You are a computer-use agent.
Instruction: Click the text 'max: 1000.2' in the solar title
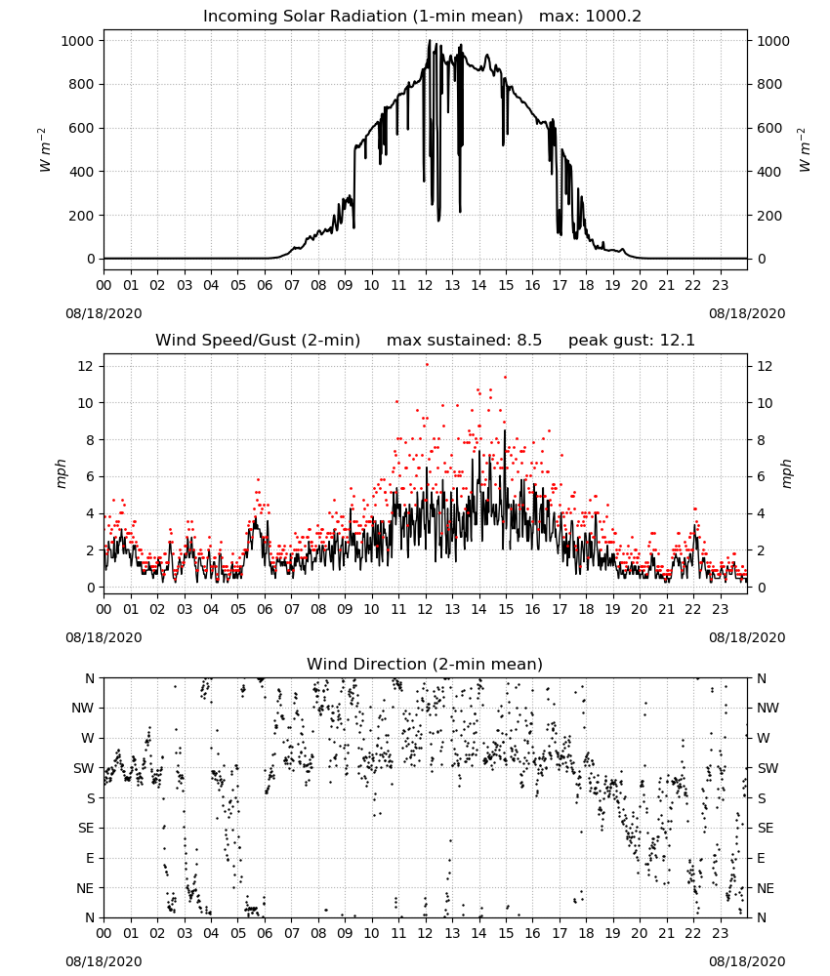click(590, 17)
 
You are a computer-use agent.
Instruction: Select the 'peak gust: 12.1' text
click(632, 341)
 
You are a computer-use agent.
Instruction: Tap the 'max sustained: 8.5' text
click(464, 341)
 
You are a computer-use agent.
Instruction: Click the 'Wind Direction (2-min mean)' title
click(425, 664)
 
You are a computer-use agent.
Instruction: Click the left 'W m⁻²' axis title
click(44, 149)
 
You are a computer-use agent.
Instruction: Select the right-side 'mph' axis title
click(786, 473)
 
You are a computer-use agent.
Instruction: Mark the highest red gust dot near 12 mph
click(427, 365)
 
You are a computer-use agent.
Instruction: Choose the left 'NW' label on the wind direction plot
click(83, 709)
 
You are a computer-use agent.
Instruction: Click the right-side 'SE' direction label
click(766, 829)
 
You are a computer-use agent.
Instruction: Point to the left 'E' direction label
click(90, 858)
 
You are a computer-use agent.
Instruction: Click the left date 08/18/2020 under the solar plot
click(104, 313)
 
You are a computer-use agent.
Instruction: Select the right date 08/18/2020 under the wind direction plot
click(747, 961)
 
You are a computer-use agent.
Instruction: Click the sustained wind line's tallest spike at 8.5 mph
click(505, 430)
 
